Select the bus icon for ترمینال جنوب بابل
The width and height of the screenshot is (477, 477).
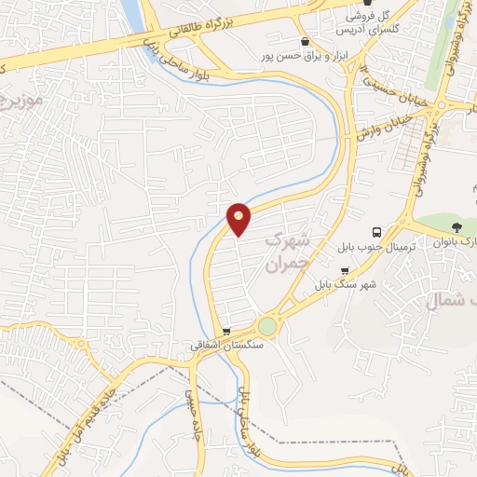376,232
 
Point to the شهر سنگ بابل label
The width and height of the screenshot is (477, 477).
346,283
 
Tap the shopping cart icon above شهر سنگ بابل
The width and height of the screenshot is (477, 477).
346,270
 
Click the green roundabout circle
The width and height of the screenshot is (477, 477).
267,326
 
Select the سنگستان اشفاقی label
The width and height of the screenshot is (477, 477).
227,345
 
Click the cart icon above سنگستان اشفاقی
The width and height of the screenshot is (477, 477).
227,331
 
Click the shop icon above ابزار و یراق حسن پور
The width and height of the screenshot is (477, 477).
305,42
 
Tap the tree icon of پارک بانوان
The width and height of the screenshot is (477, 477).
456,227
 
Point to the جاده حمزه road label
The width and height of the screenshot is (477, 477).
195,425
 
